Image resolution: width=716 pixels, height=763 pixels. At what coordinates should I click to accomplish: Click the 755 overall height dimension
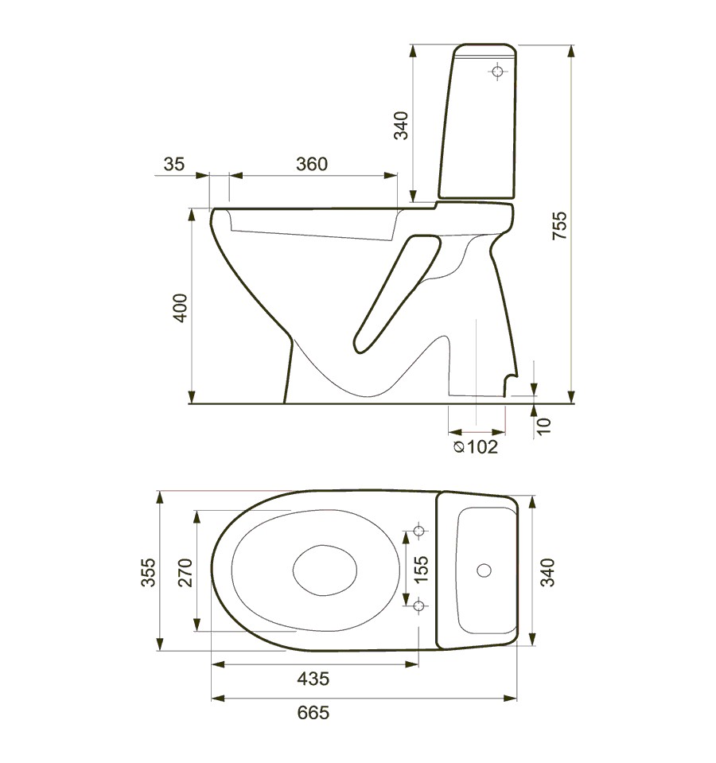pyautogui.click(x=559, y=227)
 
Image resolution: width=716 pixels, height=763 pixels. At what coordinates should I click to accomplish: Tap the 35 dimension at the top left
pyautogui.click(x=173, y=164)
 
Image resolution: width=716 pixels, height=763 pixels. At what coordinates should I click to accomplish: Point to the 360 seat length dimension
pyautogui.click(x=311, y=164)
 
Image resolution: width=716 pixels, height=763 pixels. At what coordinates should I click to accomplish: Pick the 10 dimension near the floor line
pyautogui.click(x=543, y=425)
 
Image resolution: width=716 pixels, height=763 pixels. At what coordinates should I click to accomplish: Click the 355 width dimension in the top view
pyautogui.click(x=149, y=571)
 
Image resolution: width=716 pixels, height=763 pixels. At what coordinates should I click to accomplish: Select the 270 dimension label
pyautogui.click(x=185, y=571)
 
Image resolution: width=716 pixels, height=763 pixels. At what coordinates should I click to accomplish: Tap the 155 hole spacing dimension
pyautogui.click(x=422, y=570)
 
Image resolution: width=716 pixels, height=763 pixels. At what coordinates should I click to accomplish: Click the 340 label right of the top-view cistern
pyautogui.click(x=548, y=572)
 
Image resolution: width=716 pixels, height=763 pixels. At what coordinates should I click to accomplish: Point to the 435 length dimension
pyautogui.click(x=313, y=679)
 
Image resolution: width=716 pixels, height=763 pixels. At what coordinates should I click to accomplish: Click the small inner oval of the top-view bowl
pyautogui.click(x=325, y=570)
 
